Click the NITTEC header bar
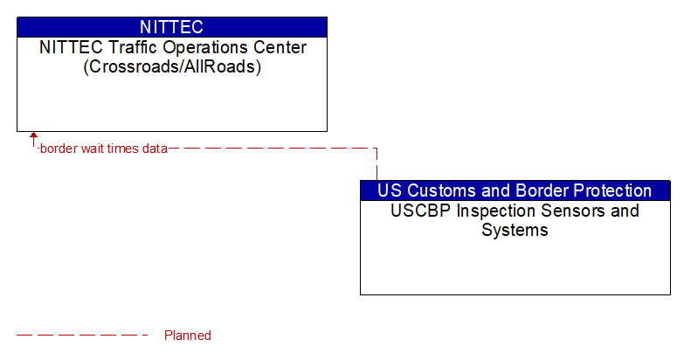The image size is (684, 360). click(x=171, y=26)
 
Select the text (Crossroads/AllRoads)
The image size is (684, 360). click(x=172, y=66)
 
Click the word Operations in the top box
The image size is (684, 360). click(x=190, y=47)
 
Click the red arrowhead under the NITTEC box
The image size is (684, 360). click(x=33, y=136)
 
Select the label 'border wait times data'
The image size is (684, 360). click(x=103, y=149)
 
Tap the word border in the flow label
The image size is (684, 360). click(x=58, y=149)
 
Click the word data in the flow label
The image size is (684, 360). click(x=155, y=149)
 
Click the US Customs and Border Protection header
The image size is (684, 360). click(x=515, y=190)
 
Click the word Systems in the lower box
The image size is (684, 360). click(x=515, y=231)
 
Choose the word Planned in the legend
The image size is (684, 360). click(x=188, y=336)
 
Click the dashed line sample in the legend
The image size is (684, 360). click(x=83, y=336)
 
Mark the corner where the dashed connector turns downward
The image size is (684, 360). click(x=377, y=149)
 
